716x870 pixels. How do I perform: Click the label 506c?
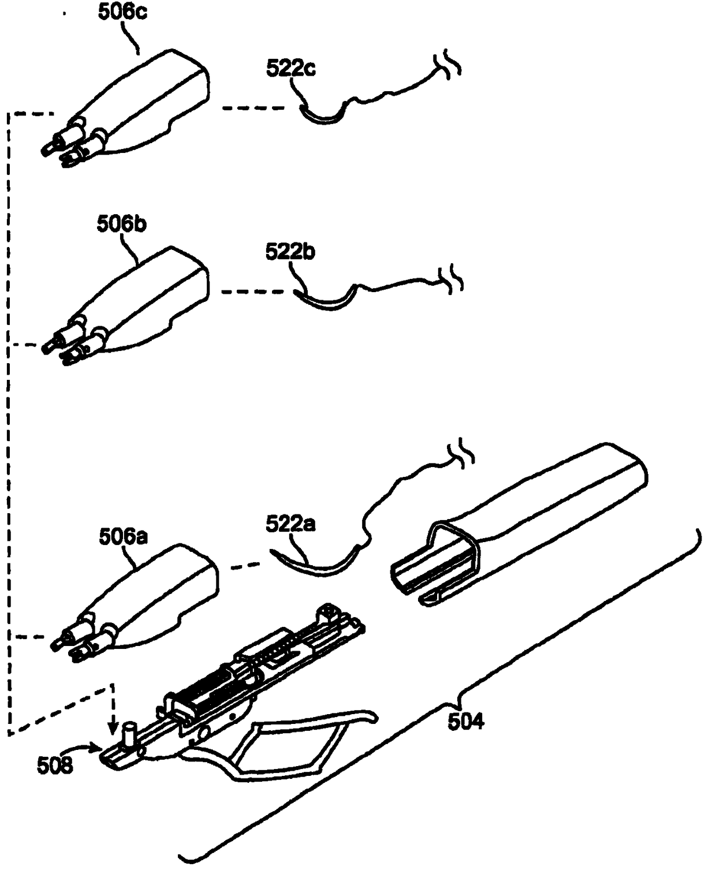point(122,11)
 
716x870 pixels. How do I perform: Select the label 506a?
point(123,537)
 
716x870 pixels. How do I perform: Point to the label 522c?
point(290,68)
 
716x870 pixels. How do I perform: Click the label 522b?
point(290,252)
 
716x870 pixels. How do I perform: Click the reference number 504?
point(465,721)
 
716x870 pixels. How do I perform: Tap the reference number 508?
point(55,766)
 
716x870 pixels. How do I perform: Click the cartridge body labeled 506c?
point(144,104)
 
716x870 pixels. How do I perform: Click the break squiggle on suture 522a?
point(465,454)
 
